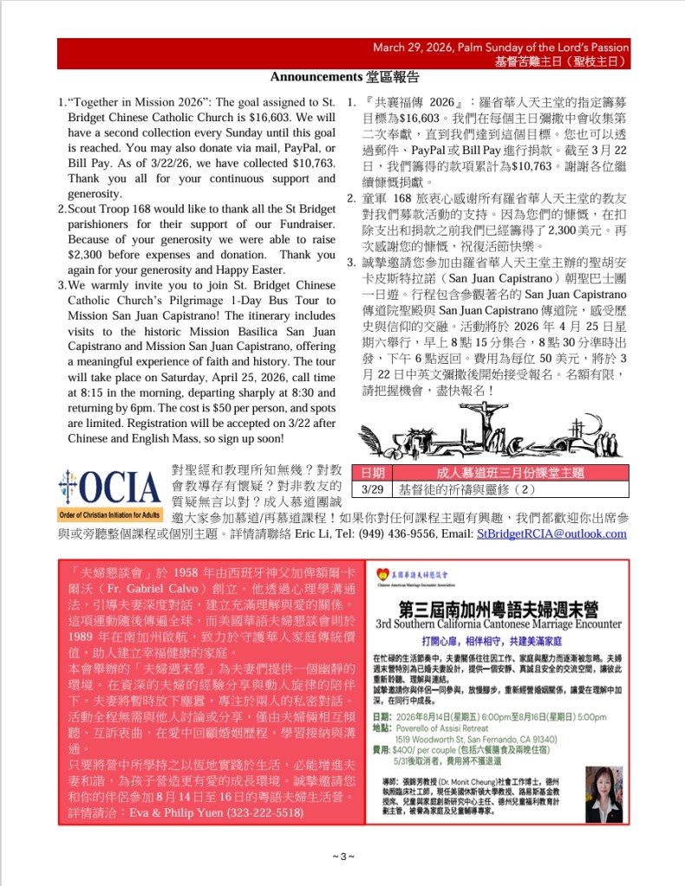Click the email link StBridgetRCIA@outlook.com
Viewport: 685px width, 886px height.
(551, 534)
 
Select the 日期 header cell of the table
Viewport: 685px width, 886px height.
(373, 474)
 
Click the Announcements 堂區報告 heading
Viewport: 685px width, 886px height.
(344, 76)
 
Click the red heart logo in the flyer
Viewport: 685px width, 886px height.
(382, 575)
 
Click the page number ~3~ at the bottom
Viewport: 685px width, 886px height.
(343, 857)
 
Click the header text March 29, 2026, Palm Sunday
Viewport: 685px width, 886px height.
(500, 48)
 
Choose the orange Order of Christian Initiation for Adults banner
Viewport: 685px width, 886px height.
(110, 514)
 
